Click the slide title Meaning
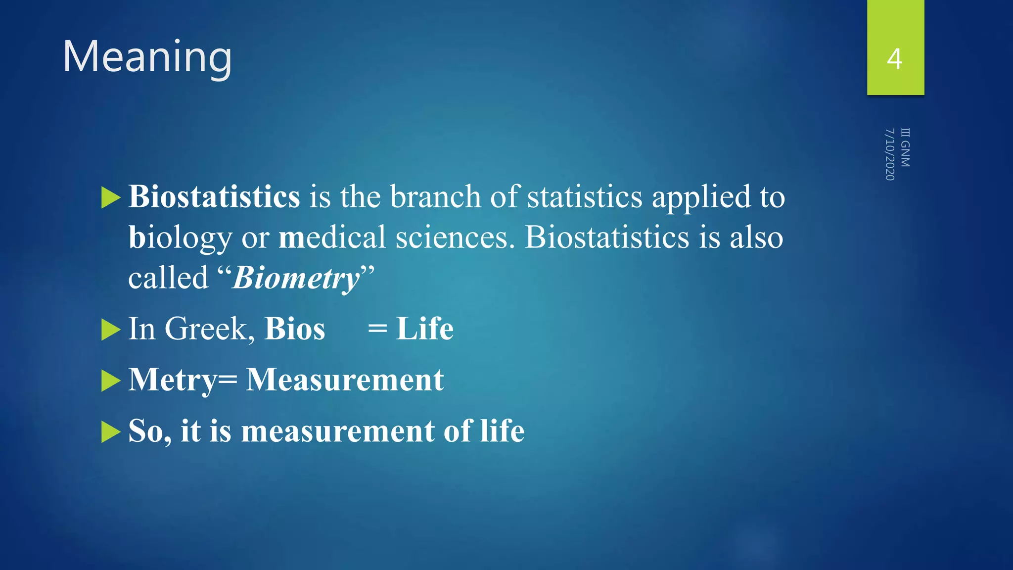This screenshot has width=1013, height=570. (147, 57)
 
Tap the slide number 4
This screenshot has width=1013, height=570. (894, 59)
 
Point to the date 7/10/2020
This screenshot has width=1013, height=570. (890, 154)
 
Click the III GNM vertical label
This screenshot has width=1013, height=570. (905, 147)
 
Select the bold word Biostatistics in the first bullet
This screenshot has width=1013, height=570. (214, 197)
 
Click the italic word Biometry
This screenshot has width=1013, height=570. (296, 278)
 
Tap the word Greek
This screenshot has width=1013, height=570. (210, 329)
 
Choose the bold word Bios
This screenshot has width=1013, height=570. (295, 329)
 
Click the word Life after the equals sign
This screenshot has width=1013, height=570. (424, 329)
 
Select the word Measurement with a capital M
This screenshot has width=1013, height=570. (345, 380)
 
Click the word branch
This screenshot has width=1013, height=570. (435, 197)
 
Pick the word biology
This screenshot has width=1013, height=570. (180, 237)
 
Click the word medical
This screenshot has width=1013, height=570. (332, 237)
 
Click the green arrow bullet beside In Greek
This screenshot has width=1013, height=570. (110, 330)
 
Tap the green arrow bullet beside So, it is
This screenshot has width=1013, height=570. (110, 432)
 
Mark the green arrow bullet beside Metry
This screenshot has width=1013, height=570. (110, 381)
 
